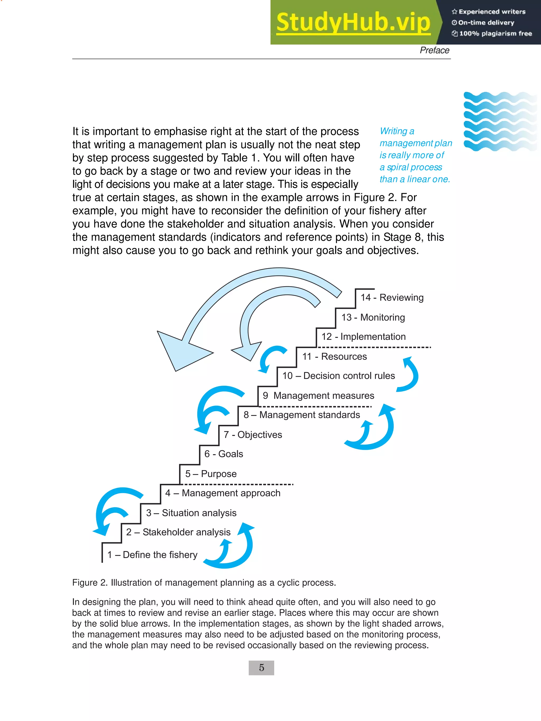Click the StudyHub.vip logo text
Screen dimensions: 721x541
[353, 22]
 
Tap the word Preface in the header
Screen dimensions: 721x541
[434, 50]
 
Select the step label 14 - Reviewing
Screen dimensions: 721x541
[392, 297]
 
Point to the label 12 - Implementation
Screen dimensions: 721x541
[363, 336]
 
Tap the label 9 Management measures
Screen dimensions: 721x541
[318, 395]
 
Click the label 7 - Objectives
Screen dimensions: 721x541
[253, 435]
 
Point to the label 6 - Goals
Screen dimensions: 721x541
[224, 454]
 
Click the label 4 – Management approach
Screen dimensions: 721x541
[223, 493]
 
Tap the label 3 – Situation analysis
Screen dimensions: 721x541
[191, 513]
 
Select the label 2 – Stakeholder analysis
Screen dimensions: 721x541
[178, 532]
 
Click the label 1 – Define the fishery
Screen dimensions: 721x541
[152, 554]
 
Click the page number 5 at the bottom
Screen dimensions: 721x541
[261, 668]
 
